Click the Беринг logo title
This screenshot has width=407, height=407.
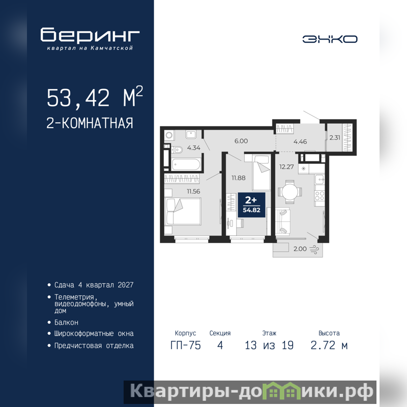tap(90, 35)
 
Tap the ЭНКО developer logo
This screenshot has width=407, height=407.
tap(330, 39)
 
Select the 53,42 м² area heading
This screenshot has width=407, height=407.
tap(95, 97)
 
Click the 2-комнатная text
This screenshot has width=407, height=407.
tap(90, 123)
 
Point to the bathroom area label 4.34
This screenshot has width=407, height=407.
tap(194, 148)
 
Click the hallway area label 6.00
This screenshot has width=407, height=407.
tap(241, 141)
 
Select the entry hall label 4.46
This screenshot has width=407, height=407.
tap(300, 142)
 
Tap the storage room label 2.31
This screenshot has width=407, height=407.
tap(335, 137)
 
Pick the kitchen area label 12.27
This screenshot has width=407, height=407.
tap(286, 167)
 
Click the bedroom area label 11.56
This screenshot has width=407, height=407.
tap(194, 192)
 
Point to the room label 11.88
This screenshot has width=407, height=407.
tap(239, 178)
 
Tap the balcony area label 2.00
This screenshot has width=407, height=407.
tap(300, 249)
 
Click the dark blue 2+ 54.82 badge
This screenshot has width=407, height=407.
tap(251, 205)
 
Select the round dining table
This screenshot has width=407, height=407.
tap(290, 192)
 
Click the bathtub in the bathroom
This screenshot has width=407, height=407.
tap(186, 164)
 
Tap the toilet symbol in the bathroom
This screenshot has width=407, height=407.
tap(177, 150)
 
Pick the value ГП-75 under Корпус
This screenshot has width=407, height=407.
tap(186, 345)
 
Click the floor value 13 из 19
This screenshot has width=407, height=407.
tap(269, 345)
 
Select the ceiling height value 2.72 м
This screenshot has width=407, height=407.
tap(329, 345)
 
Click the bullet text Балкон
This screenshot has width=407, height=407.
tap(66, 323)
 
